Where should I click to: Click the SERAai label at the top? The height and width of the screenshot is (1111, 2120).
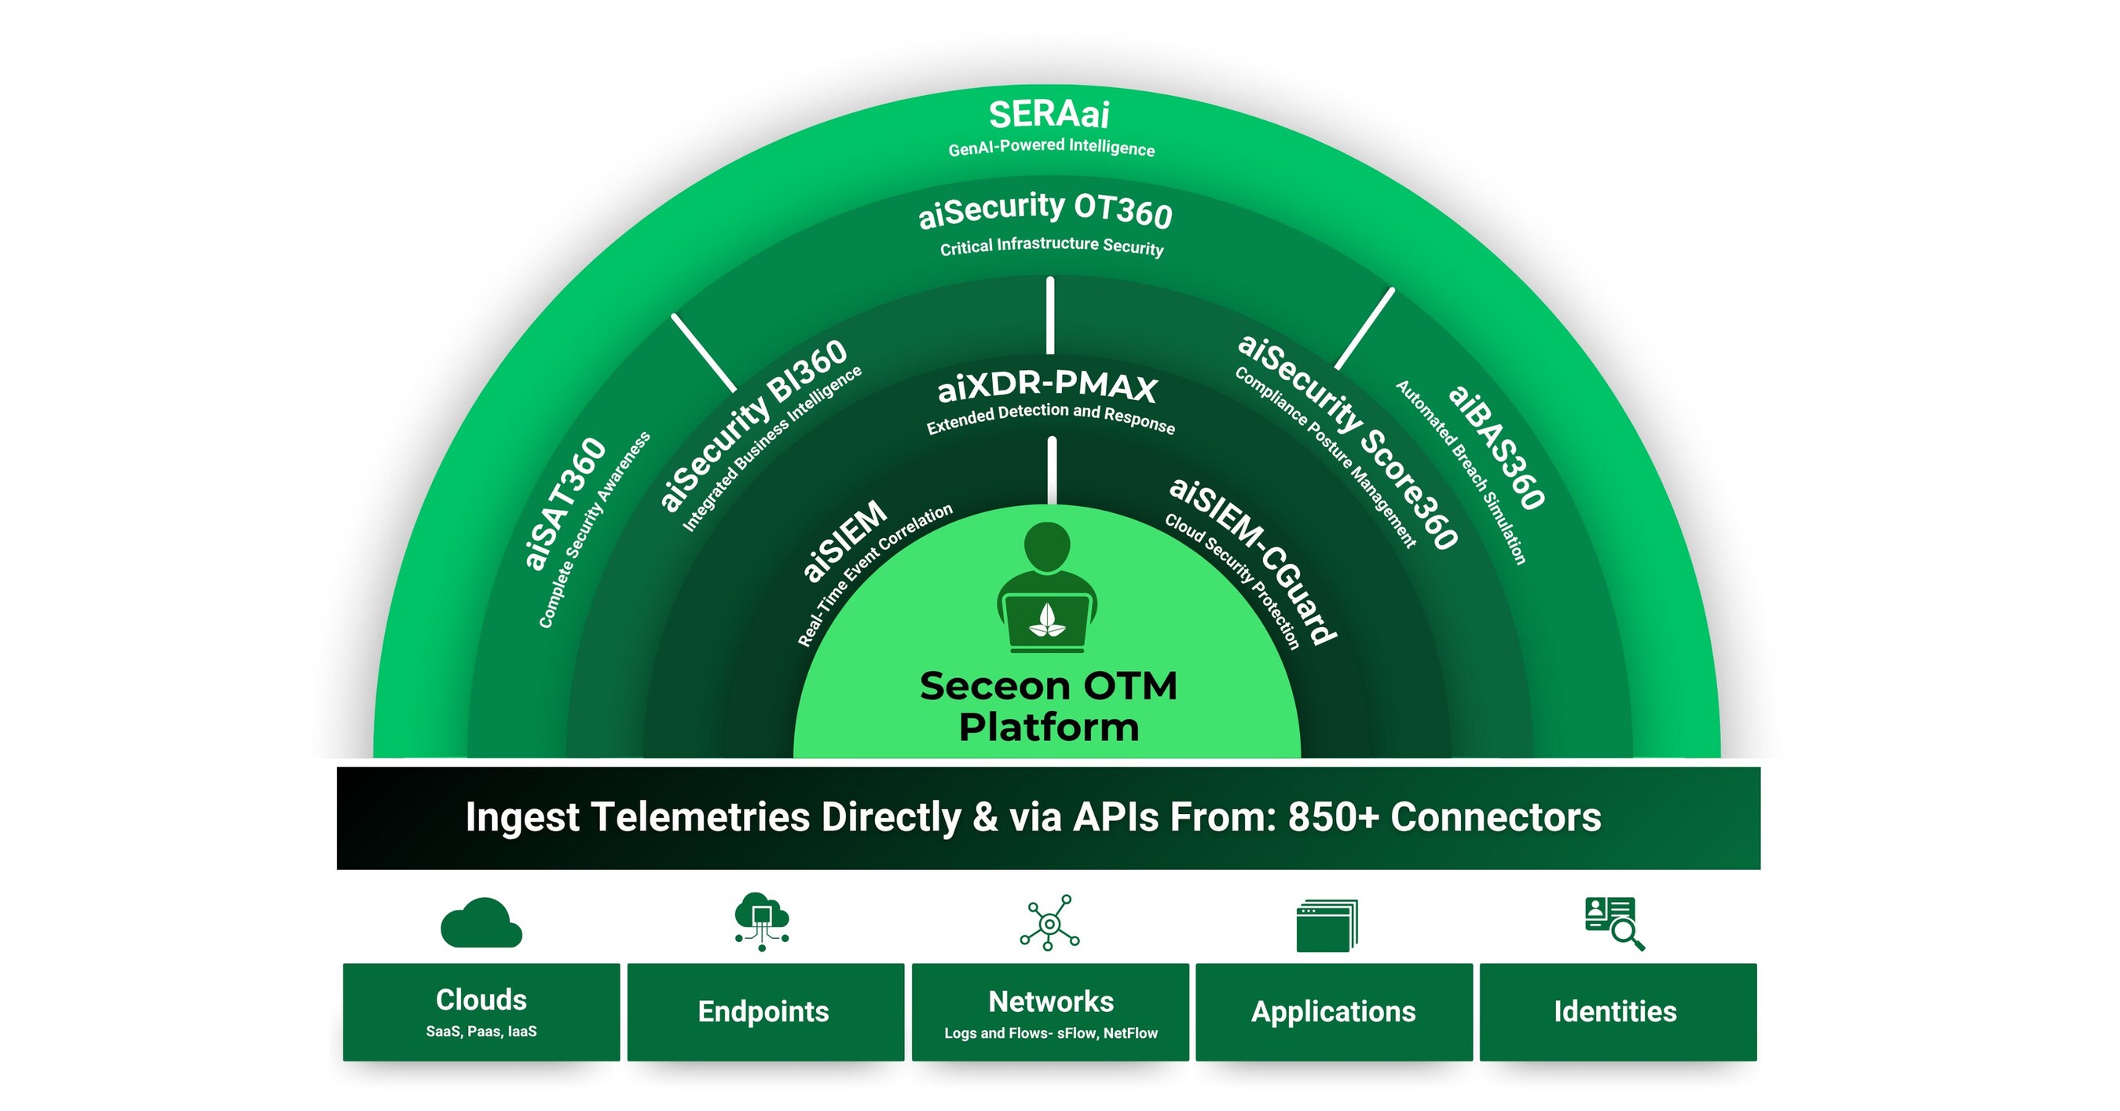pyautogui.click(x=1049, y=115)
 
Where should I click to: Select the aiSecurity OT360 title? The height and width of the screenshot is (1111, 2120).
pyautogui.click(x=1045, y=209)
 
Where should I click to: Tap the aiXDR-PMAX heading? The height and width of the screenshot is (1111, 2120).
pyautogui.click(x=1048, y=387)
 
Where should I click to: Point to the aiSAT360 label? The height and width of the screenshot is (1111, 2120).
pyautogui.click(x=566, y=504)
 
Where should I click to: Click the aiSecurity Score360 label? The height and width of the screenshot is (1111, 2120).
pyautogui.click(x=1349, y=442)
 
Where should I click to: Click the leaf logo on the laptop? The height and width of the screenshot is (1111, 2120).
pyautogui.click(x=1047, y=620)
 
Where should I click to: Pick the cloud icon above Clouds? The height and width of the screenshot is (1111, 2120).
pyautogui.click(x=481, y=922)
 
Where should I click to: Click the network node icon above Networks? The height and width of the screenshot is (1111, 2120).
pyautogui.click(x=1049, y=922)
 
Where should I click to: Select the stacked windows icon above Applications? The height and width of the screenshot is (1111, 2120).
pyautogui.click(x=1327, y=925)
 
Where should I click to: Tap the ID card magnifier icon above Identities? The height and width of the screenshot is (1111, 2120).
pyautogui.click(x=1615, y=923)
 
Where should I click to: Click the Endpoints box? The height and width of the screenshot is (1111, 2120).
pyautogui.click(x=765, y=1011)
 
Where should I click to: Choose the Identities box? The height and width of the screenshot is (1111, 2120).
pyautogui.click(x=1618, y=1011)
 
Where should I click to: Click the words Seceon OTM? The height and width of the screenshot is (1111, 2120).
pyautogui.click(x=1049, y=685)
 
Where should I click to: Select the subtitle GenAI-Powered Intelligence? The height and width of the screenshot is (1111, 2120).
pyautogui.click(x=1051, y=147)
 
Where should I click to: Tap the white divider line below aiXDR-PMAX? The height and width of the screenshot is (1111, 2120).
pyautogui.click(x=1052, y=470)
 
